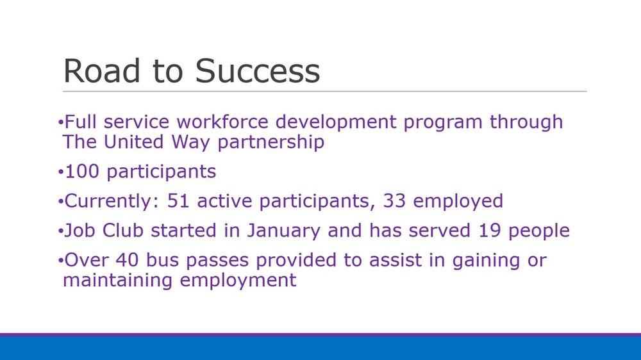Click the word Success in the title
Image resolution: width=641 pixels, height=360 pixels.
point(258,70)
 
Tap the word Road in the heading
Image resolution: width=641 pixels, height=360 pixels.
point(102,70)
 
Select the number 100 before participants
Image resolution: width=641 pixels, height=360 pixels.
point(82,171)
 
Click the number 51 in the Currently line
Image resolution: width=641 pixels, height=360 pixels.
point(178,201)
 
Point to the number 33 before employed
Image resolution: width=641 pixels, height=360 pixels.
point(394,201)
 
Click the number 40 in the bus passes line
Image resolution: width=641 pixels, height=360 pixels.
point(127,260)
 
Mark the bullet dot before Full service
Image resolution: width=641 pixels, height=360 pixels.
point(60,122)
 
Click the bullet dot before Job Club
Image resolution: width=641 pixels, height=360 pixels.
point(60,231)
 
